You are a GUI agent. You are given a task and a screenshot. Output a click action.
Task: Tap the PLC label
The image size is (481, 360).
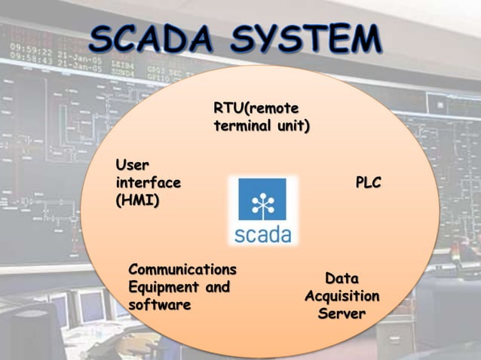(x=368, y=182)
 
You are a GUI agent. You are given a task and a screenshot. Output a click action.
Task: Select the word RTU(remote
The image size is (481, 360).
(x=256, y=108)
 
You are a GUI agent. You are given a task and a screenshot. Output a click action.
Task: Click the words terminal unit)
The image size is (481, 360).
(x=261, y=126)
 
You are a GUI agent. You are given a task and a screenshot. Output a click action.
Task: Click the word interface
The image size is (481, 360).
(x=148, y=182)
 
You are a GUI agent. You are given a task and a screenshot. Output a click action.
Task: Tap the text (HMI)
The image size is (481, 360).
(x=136, y=201)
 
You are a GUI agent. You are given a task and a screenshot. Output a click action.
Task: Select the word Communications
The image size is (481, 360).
(x=182, y=269)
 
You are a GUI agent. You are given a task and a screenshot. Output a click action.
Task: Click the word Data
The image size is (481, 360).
(x=342, y=279)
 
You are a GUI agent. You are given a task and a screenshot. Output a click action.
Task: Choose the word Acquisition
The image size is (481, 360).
(x=342, y=296)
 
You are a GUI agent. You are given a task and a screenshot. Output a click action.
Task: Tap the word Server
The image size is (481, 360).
(x=342, y=313)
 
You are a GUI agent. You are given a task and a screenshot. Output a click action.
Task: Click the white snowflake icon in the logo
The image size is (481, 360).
(x=262, y=199)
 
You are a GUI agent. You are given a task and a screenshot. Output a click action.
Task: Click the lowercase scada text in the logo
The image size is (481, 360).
(x=262, y=234)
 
